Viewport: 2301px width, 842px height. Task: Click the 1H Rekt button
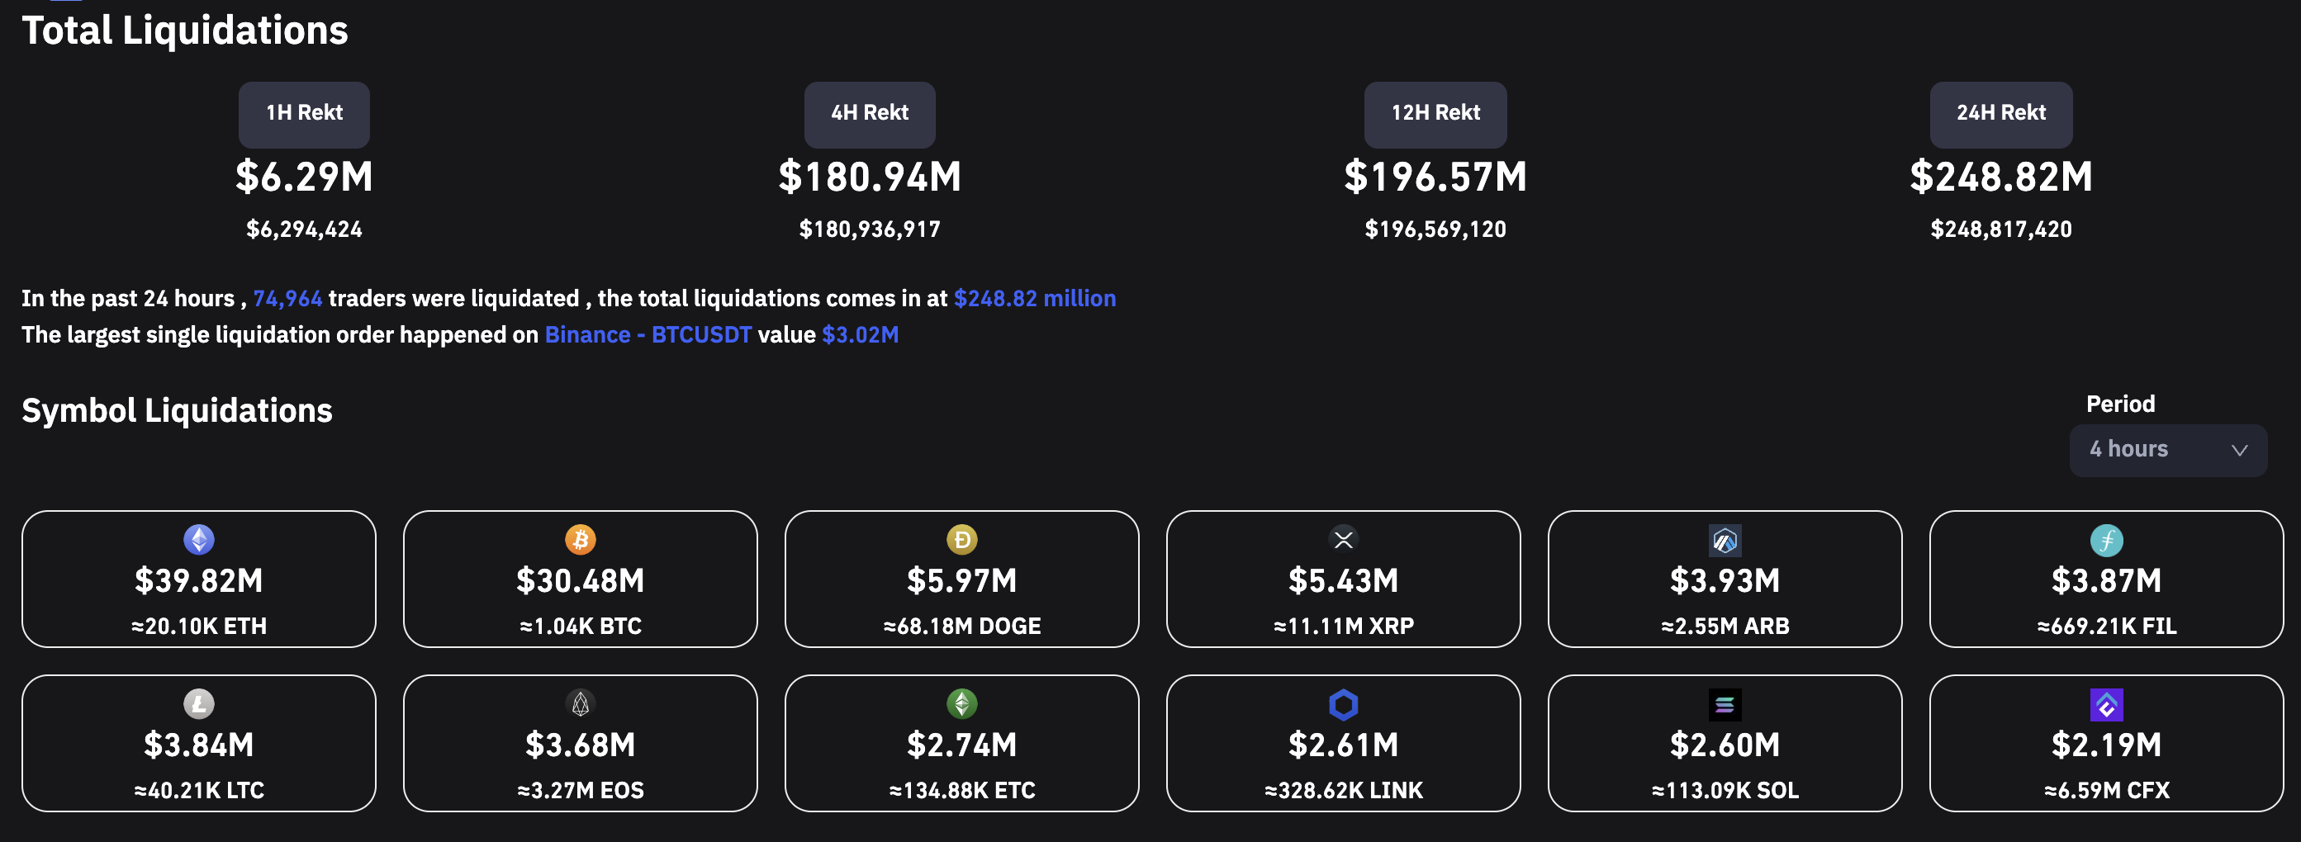[x=304, y=114]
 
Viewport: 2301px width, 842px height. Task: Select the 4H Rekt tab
[x=869, y=114]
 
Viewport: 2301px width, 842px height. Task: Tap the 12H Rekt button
[x=1435, y=114]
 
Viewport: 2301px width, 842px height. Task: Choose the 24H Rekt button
[x=2001, y=114]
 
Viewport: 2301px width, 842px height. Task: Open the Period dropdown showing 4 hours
[x=2168, y=450]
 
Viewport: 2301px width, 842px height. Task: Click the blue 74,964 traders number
[x=287, y=298]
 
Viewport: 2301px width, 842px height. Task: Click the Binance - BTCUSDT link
[x=648, y=335]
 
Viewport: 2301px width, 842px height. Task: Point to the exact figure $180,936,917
[x=869, y=229]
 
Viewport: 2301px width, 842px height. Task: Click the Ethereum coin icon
[x=198, y=539]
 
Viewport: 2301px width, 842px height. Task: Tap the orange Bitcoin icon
[x=581, y=539]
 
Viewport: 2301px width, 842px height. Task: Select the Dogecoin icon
[x=962, y=539]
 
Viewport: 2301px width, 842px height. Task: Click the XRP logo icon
[x=1344, y=539]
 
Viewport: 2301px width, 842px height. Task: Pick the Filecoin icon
[x=2106, y=540]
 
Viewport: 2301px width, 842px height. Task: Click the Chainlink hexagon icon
[x=1344, y=704]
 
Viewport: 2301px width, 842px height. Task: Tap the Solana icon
[x=1725, y=704]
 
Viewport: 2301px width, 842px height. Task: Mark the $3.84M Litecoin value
[x=198, y=745]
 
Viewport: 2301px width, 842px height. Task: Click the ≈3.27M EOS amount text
[x=581, y=790]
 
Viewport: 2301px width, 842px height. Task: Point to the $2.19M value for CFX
[x=2106, y=745]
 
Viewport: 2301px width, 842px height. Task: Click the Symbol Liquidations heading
[x=177, y=411]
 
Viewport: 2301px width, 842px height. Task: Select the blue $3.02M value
[x=861, y=335]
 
